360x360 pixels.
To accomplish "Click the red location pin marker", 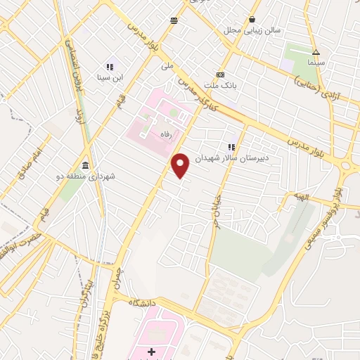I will (181, 165).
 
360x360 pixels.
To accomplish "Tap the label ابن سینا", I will (110, 77).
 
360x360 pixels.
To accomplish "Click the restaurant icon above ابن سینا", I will (110, 67).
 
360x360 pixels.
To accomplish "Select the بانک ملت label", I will (220, 84).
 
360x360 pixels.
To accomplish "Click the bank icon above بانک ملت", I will (220, 75).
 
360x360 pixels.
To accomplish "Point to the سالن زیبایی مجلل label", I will (252, 30).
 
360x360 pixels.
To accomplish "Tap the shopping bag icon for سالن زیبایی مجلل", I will (252, 20).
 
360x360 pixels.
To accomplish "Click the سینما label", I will (316, 63).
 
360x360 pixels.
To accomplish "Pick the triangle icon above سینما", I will (316, 52).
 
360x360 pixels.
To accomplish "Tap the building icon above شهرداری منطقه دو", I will (86, 165).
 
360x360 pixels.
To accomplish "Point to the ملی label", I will (167, 66).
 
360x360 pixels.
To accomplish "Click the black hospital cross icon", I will (151, 351).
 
